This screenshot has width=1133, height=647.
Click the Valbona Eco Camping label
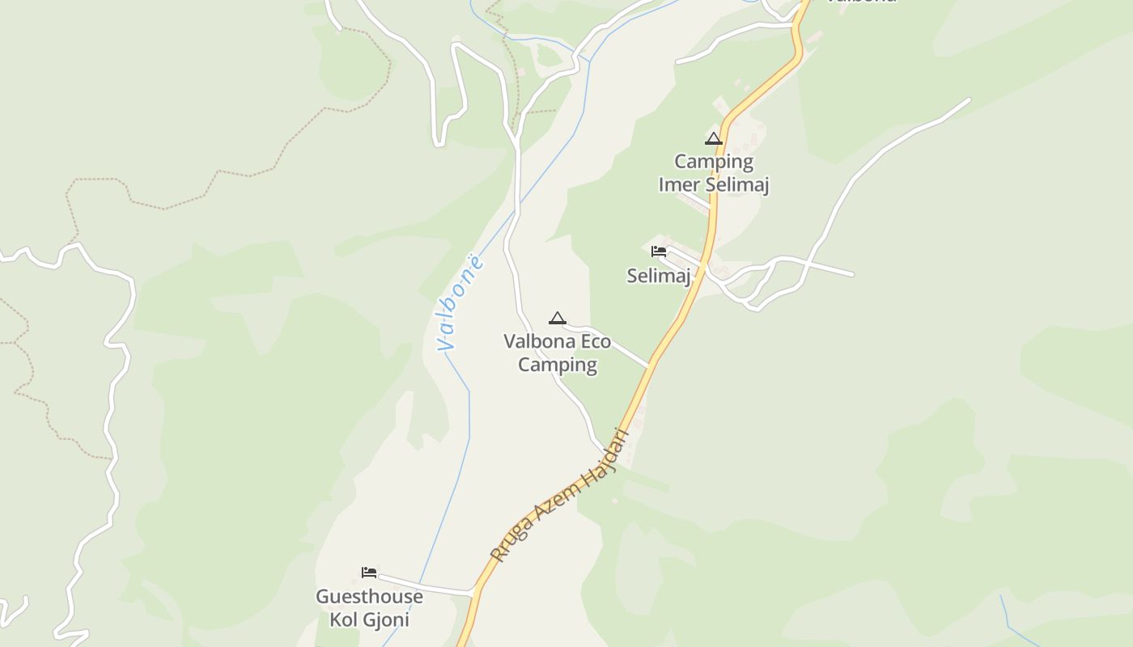coord(557,353)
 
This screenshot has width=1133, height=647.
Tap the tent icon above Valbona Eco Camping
coord(557,318)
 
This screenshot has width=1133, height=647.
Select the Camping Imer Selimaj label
coord(713,173)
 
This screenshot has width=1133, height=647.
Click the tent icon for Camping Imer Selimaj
coord(713,138)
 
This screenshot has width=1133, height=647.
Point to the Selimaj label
coord(659,276)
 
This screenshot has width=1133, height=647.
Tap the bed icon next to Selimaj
coord(659,252)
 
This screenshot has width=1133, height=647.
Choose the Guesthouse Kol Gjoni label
coord(369,608)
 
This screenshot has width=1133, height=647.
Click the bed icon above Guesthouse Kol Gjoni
coord(369,573)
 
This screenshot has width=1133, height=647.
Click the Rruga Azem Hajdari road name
coord(560,496)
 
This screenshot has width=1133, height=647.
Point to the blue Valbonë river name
coord(460,303)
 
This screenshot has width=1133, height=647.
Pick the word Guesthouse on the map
coord(369,597)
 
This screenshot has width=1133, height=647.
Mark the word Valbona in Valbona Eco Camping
coord(533,341)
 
